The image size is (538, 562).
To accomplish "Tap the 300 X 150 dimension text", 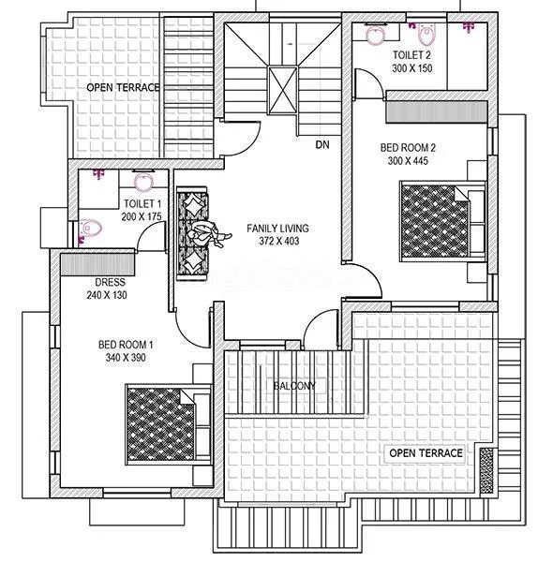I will (x=413, y=68).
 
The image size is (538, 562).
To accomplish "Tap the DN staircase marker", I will (x=321, y=145).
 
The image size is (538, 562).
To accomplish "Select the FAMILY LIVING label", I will (x=277, y=228).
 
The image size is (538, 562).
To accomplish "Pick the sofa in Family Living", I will (x=193, y=231).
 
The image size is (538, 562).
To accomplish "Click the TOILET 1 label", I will (x=142, y=203).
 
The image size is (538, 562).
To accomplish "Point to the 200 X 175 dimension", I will (x=142, y=215).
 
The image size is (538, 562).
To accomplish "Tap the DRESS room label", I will (x=111, y=282).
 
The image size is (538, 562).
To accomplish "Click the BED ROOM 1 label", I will (x=126, y=345).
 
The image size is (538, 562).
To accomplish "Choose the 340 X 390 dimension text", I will (x=126, y=358).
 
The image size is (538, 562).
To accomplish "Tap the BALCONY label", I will (x=294, y=386).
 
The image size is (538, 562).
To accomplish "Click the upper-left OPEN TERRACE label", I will (x=124, y=87).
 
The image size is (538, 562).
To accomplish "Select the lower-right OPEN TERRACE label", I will (x=426, y=453).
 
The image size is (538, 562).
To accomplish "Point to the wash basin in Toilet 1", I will (x=143, y=181).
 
